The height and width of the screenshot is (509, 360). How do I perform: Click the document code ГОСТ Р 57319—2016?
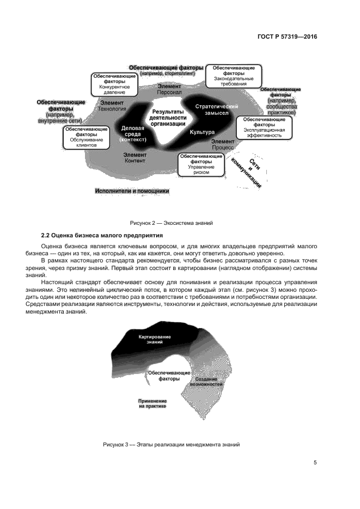point(287,37)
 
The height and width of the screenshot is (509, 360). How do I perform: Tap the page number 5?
point(315,463)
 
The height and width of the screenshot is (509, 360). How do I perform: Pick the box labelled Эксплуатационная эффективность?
point(263,127)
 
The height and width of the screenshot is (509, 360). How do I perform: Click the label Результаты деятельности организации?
point(168,117)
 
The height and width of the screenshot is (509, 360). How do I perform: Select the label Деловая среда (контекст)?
point(133,133)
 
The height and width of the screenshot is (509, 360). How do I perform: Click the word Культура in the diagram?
point(202,132)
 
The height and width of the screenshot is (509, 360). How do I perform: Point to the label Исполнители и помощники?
point(132,191)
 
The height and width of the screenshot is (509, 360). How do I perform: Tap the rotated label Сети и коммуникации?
point(246,171)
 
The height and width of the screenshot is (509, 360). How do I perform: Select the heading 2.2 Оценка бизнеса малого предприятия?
point(103,235)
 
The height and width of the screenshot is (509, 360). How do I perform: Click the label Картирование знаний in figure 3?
point(155,339)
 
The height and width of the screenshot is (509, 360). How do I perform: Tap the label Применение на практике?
point(152,403)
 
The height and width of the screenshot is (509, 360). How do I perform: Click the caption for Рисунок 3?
point(171,444)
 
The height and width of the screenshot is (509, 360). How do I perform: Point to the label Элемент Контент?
point(135,157)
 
